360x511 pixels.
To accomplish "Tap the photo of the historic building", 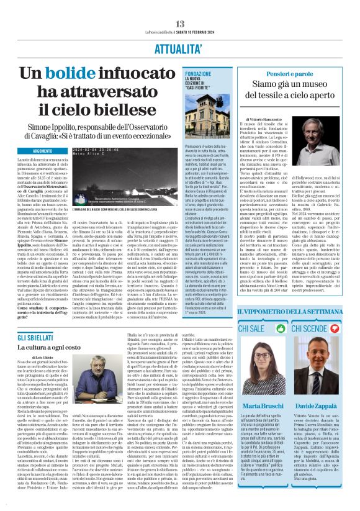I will [207, 120].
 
